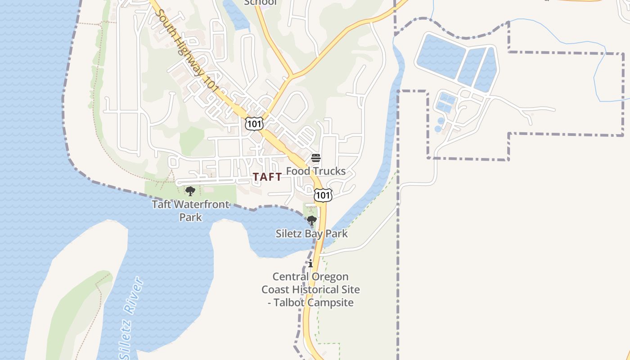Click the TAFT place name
267,177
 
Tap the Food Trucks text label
316,171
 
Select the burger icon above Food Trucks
316,158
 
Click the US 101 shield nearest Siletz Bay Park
323,195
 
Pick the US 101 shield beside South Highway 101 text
254,123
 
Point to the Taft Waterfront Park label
190,211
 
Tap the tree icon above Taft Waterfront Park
190,191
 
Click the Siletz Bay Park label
311,234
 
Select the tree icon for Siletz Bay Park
311,220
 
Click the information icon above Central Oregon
310,263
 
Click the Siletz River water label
131,317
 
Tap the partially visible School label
260,3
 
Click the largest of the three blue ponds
440,55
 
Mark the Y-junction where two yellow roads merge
291,75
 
